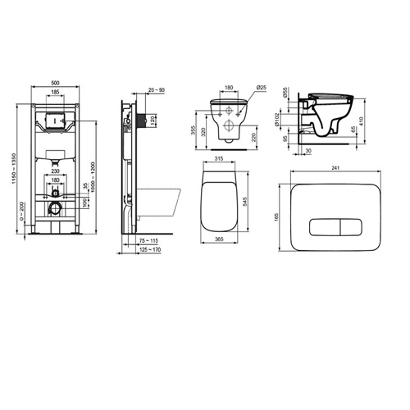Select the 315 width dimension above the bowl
tap(218, 161)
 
